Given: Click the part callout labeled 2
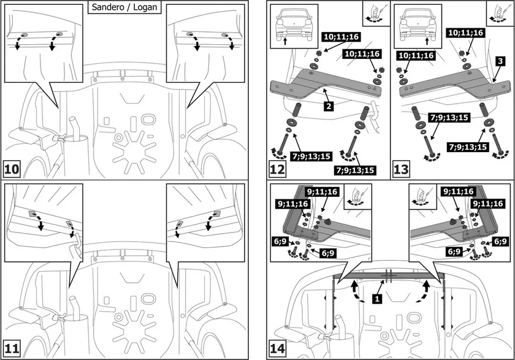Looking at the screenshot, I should pos(329,107).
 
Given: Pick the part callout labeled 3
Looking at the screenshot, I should pos(500,61).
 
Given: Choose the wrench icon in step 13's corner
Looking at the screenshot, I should pos(500,12).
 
